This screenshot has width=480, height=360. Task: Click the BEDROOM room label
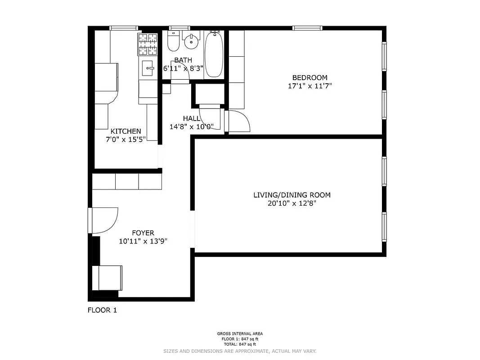(x=310, y=77)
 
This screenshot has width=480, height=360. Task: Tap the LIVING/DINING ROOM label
(x=292, y=195)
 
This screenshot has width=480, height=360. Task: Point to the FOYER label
(x=143, y=233)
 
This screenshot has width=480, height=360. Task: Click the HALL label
(x=191, y=118)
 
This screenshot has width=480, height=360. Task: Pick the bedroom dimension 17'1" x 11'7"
(x=310, y=85)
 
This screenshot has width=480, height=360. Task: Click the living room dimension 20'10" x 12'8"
(x=292, y=203)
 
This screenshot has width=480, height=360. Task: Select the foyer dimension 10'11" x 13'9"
(x=143, y=241)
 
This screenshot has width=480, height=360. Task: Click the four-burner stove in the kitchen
(x=148, y=44)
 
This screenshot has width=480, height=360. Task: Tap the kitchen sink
(x=148, y=68)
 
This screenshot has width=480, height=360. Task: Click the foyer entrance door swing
(x=103, y=220)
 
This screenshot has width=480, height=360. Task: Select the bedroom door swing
(x=239, y=121)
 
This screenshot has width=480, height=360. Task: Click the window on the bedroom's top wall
(x=307, y=28)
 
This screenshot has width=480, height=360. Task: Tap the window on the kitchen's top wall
(x=124, y=28)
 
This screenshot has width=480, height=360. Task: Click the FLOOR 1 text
(x=102, y=310)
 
